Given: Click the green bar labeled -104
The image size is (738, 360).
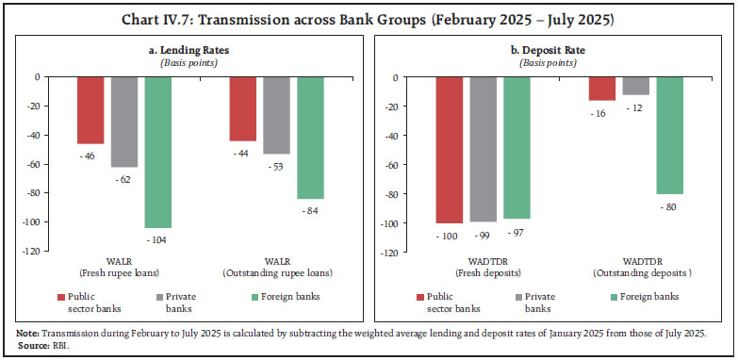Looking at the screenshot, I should pos(158,152).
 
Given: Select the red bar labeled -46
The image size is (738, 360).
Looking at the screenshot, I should pos(90,110).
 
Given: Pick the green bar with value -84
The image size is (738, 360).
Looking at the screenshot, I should pos(310,138).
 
